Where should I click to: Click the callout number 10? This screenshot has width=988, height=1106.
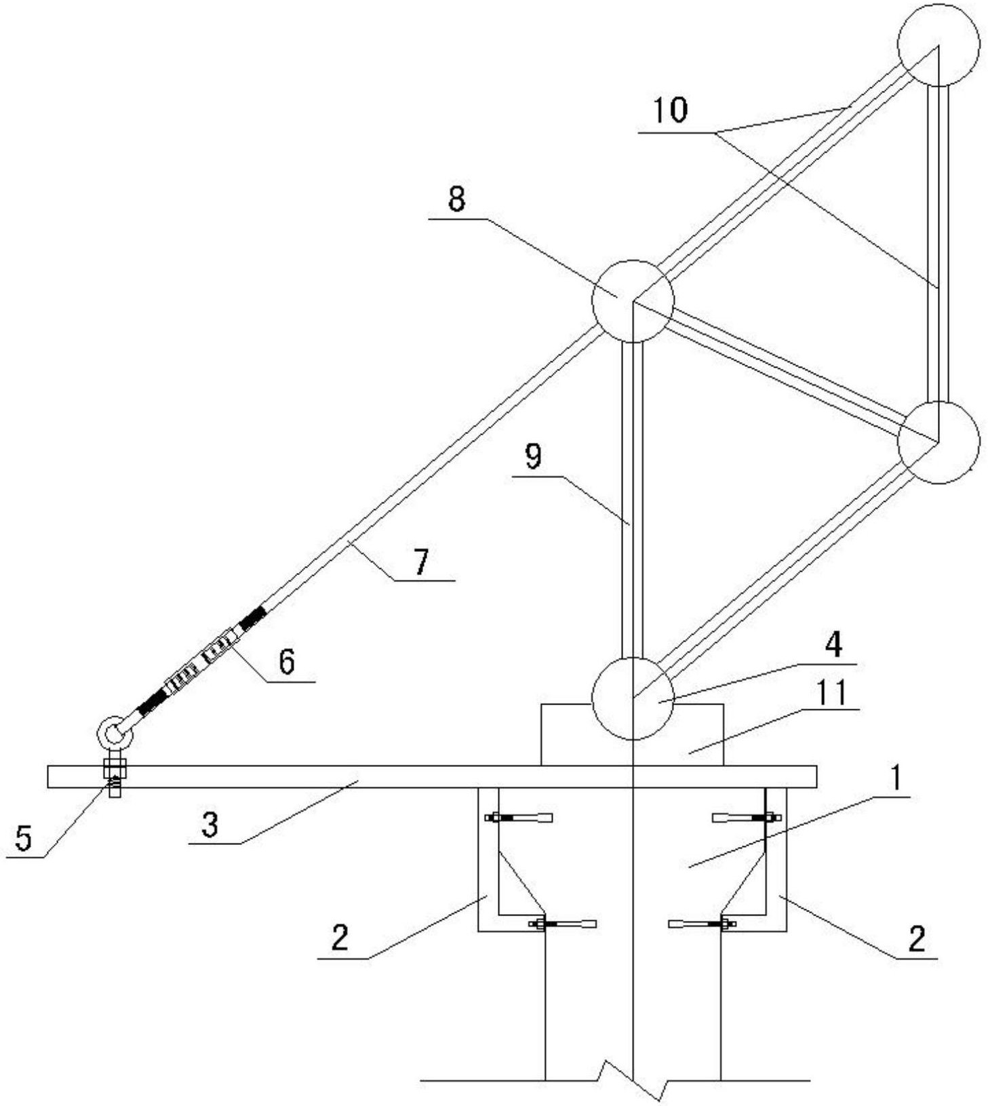(x=670, y=111)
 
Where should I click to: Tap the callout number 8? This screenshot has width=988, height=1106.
(x=456, y=200)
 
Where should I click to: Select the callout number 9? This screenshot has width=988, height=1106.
(x=534, y=457)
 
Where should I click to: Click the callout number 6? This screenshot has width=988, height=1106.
(x=287, y=661)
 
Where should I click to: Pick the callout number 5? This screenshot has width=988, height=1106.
(x=24, y=839)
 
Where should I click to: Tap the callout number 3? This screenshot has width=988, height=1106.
(x=210, y=825)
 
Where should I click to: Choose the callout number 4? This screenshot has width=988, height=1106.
(x=833, y=644)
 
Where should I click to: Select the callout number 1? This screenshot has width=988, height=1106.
(x=896, y=779)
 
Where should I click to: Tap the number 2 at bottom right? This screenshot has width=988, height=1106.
(x=916, y=939)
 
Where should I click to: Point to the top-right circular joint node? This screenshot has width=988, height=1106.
(x=938, y=45)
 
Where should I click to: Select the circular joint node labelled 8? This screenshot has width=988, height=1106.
(x=633, y=301)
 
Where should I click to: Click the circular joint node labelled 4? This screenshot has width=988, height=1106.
(x=633, y=698)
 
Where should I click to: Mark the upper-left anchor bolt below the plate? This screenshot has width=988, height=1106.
(x=519, y=818)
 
